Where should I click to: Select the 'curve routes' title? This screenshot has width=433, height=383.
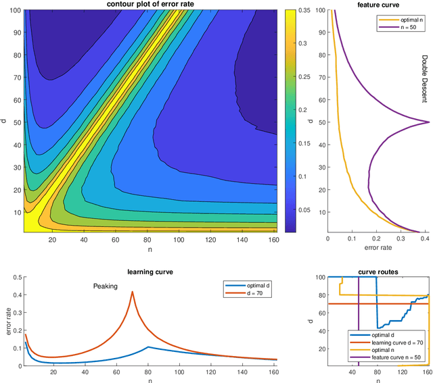(378, 272)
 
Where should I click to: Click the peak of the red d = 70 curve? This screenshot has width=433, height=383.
(133, 292)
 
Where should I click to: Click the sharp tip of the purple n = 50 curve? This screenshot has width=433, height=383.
(429, 122)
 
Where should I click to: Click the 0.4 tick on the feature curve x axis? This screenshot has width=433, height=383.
(426, 238)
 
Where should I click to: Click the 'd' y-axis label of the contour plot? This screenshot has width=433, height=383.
(5, 122)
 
